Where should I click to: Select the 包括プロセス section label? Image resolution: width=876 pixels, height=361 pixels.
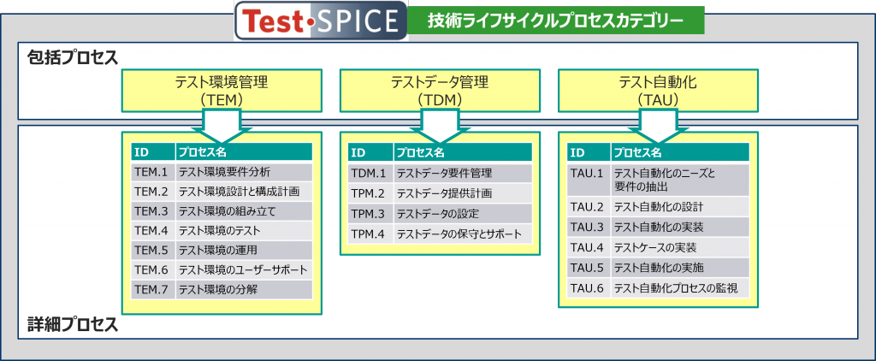[72, 57]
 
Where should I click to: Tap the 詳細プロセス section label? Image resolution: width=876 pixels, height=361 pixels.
[72, 325]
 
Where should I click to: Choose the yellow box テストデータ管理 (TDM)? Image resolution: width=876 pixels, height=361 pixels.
[440, 91]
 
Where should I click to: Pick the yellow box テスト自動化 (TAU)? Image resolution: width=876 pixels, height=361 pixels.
[658, 91]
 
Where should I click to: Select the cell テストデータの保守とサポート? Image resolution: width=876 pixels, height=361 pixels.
[462, 234]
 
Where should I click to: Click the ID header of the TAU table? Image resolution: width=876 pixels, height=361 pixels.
[589, 152]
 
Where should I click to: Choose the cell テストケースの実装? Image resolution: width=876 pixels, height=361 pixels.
[681, 247]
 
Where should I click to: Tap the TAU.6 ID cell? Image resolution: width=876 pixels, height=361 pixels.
[589, 287]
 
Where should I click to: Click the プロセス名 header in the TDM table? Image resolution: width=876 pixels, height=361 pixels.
[462, 152]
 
